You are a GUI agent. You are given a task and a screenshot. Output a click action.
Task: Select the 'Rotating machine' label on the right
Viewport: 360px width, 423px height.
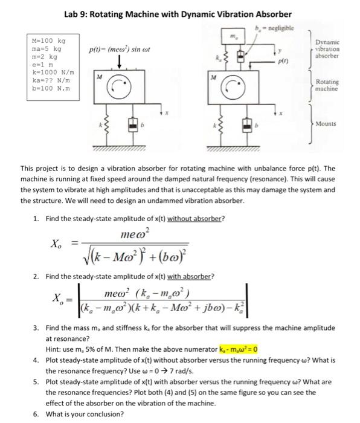point(327,86)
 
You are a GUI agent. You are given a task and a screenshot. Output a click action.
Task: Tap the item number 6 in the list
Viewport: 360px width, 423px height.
point(37,414)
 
